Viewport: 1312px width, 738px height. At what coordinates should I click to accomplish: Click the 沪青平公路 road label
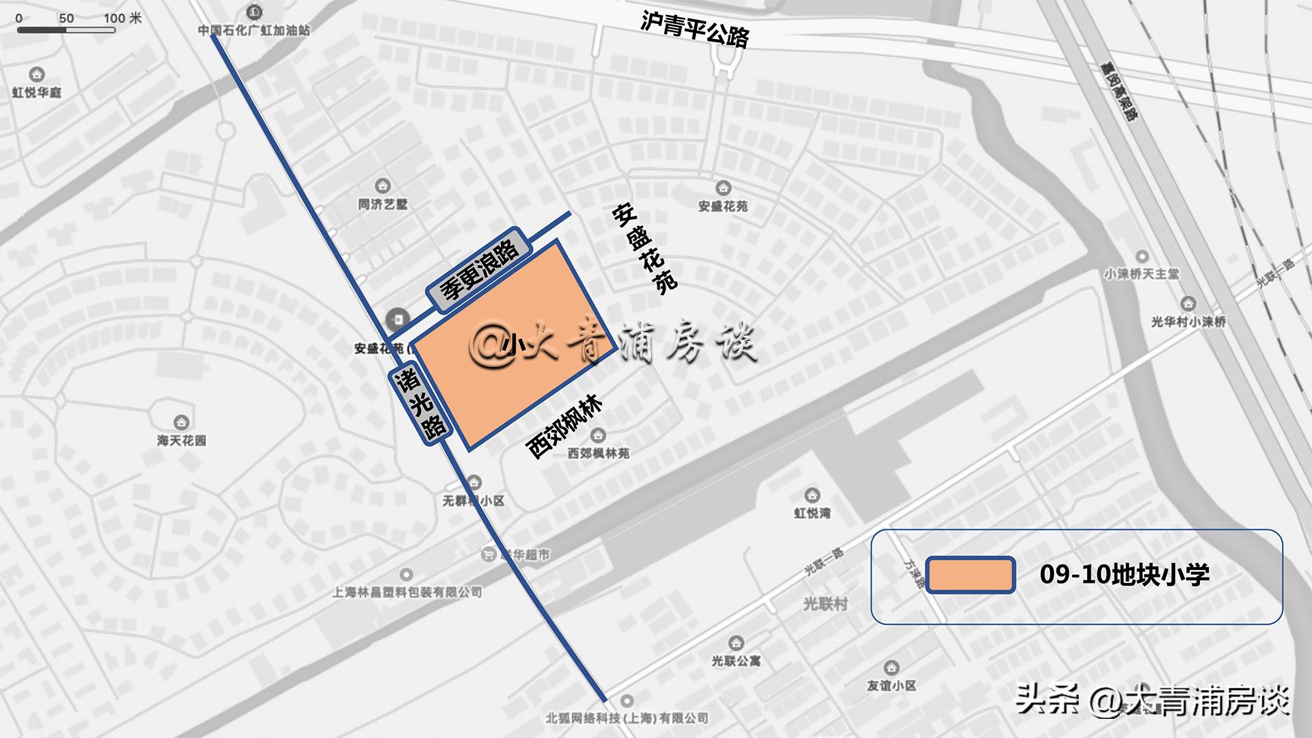point(694,29)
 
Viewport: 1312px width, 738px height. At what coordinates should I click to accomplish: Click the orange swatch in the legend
point(970,575)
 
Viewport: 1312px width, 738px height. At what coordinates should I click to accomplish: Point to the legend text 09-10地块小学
point(1124,575)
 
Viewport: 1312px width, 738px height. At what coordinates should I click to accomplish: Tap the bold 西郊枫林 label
point(564,427)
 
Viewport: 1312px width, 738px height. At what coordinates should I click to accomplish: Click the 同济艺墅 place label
point(383,204)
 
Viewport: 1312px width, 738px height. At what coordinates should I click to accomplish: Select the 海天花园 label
point(181,440)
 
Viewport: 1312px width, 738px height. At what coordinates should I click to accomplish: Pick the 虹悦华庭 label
point(37,92)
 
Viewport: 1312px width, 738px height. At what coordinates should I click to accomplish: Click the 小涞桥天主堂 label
point(1141,273)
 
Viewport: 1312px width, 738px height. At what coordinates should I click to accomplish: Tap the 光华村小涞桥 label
point(1188,321)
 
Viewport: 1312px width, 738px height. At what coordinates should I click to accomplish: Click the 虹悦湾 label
point(812,512)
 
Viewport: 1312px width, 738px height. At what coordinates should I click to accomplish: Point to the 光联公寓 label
point(735,661)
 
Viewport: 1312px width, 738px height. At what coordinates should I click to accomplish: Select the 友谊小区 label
point(891,685)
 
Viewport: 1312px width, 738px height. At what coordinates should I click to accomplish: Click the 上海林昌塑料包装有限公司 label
point(407,592)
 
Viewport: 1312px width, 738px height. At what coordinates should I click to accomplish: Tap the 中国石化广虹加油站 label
point(254,30)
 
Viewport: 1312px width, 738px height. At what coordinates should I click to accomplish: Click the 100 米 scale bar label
point(122,18)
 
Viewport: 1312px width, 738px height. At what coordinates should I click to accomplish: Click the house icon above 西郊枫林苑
point(598,435)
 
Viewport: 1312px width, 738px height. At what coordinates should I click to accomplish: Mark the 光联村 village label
point(825,603)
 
